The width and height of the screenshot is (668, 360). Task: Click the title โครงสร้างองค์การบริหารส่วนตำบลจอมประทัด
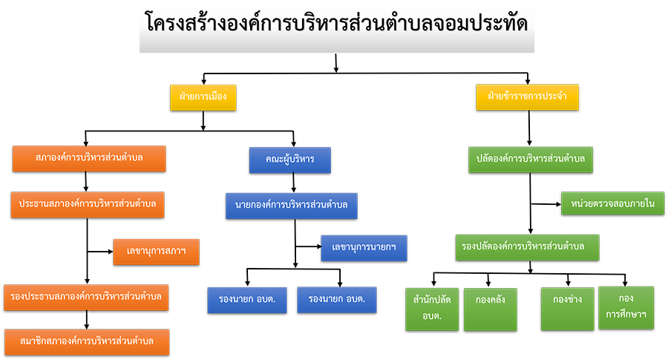(336, 24)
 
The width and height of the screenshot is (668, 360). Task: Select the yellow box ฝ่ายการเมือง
(203, 97)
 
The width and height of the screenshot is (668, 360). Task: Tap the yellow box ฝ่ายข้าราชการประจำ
(527, 97)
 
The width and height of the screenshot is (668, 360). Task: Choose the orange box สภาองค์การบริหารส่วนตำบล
(89, 159)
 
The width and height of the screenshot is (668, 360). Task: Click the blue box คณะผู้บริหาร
(289, 160)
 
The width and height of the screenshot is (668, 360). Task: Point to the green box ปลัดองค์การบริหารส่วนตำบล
(531, 160)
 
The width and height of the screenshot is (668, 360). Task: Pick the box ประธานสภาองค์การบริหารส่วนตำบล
(88, 205)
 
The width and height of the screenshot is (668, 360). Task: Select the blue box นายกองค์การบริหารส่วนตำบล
(292, 206)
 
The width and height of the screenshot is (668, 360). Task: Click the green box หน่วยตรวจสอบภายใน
(612, 203)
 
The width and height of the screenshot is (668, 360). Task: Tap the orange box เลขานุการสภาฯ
(156, 252)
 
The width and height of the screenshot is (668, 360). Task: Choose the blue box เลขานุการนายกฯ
(364, 248)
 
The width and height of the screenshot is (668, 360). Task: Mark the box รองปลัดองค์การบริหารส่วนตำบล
(528, 247)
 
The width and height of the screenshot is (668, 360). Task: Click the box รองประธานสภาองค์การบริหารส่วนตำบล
(86, 298)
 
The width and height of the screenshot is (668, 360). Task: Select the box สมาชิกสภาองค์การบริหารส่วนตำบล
(87, 342)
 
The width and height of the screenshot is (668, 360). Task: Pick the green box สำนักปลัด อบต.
(432, 310)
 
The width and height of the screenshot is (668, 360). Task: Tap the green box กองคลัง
(491, 310)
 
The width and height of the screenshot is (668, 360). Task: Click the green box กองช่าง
(568, 310)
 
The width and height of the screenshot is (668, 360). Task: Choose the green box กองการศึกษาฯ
(626, 308)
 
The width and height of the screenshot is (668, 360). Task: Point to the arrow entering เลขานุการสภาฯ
(100, 252)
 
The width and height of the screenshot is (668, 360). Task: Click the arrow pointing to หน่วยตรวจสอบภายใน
(546, 204)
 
